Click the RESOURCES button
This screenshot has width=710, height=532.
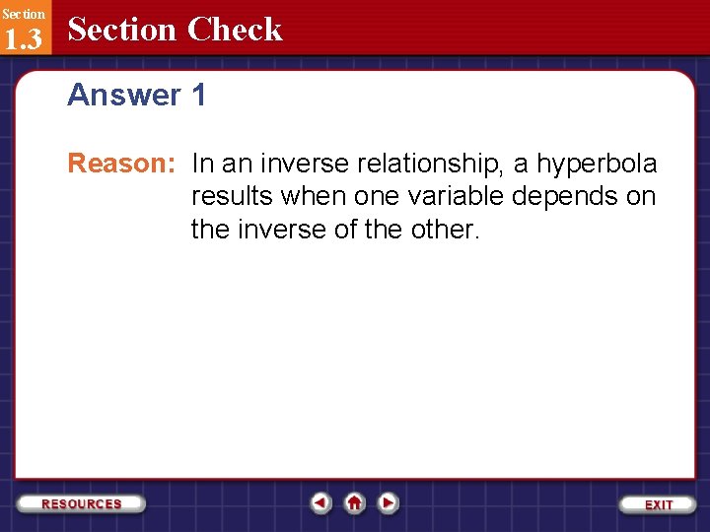(x=82, y=503)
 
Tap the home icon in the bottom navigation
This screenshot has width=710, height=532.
(x=354, y=503)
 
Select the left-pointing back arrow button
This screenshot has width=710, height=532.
(x=320, y=503)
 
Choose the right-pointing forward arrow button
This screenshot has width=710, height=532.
(x=389, y=503)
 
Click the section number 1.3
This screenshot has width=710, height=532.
(x=23, y=38)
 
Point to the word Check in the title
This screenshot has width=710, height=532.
(x=235, y=30)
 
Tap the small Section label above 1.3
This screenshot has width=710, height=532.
(x=23, y=14)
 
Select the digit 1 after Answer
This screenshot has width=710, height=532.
(x=198, y=96)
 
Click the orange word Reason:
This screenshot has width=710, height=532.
(x=120, y=164)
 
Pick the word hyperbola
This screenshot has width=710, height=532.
(x=597, y=164)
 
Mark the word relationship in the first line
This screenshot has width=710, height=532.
(x=425, y=164)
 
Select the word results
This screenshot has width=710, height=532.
(x=232, y=196)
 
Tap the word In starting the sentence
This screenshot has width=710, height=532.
(x=203, y=164)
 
